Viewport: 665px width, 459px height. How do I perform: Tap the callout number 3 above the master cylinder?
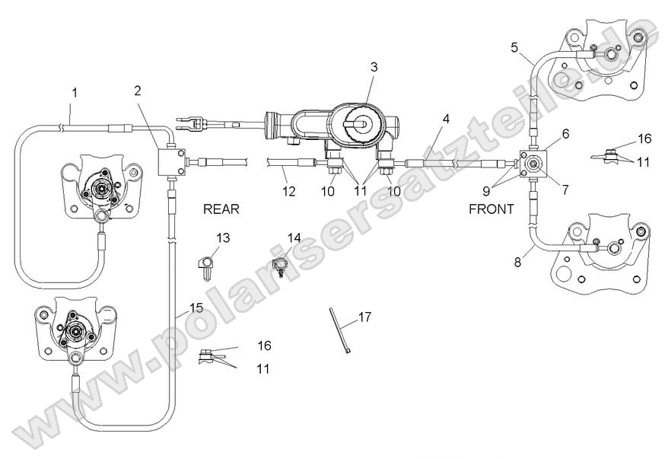click(x=374, y=67)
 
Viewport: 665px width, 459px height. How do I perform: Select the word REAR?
click(x=221, y=208)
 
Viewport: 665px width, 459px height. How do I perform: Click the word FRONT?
click(x=492, y=208)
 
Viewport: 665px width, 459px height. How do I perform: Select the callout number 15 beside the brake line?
click(x=196, y=308)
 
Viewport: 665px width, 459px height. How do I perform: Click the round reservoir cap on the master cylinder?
click(x=359, y=122)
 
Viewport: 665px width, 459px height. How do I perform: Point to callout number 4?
click(x=446, y=119)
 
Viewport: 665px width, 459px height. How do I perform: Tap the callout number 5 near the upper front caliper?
click(x=515, y=47)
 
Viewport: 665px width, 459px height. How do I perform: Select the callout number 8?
click(x=517, y=262)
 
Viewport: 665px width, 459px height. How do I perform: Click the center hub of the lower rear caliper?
click(x=75, y=332)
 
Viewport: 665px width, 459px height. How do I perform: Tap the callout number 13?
click(x=222, y=238)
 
